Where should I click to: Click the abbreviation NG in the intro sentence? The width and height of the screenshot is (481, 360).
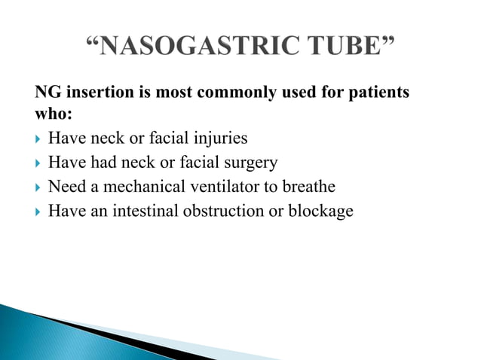(x=48, y=93)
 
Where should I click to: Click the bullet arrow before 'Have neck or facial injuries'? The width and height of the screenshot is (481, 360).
(x=38, y=140)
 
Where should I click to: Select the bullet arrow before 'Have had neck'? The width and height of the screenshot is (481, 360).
(x=38, y=163)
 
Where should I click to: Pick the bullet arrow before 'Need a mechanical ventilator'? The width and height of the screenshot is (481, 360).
(x=38, y=188)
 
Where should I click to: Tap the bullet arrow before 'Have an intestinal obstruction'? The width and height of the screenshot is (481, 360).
(x=38, y=212)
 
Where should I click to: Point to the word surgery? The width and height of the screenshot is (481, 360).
(x=251, y=163)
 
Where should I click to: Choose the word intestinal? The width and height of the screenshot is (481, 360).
(x=146, y=211)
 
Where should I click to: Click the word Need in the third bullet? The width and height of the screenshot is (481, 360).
(x=65, y=187)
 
